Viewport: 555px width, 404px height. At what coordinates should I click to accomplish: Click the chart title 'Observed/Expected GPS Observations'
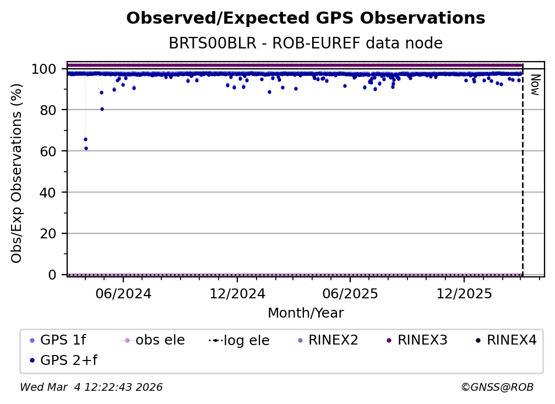306,19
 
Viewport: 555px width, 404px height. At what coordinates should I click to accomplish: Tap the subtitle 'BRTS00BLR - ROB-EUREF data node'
306,43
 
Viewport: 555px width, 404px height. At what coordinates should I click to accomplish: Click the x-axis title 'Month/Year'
306,313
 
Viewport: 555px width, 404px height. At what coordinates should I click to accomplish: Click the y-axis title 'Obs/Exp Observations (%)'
17,173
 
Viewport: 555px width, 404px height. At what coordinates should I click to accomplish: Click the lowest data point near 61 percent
86,148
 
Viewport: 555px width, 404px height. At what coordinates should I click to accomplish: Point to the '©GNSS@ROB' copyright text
497,387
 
